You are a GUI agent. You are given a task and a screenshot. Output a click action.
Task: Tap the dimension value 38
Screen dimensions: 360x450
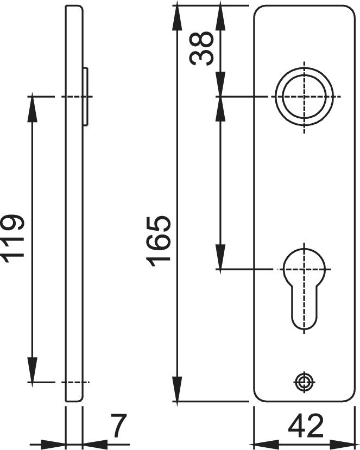click(x=201, y=48)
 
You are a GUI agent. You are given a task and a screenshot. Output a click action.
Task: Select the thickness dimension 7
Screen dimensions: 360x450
click(x=118, y=426)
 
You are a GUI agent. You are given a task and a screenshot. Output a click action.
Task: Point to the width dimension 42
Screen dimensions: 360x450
click(x=306, y=426)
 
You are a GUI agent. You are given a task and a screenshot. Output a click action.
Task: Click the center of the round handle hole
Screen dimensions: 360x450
click(x=304, y=97)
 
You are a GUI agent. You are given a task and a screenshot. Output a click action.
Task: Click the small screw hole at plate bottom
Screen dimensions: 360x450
click(x=304, y=382)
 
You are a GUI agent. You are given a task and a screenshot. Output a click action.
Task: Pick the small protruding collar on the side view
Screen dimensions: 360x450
click(x=85, y=97)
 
